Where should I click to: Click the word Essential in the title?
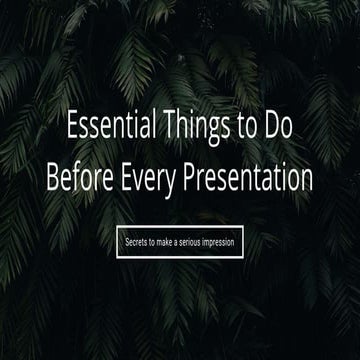click(109, 126)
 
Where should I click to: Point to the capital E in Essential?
click(72, 126)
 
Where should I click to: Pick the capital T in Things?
click(164, 126)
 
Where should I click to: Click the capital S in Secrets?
click(127, 242)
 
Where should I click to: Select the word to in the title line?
click(241, 127)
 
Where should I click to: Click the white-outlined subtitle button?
click(180, 242)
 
